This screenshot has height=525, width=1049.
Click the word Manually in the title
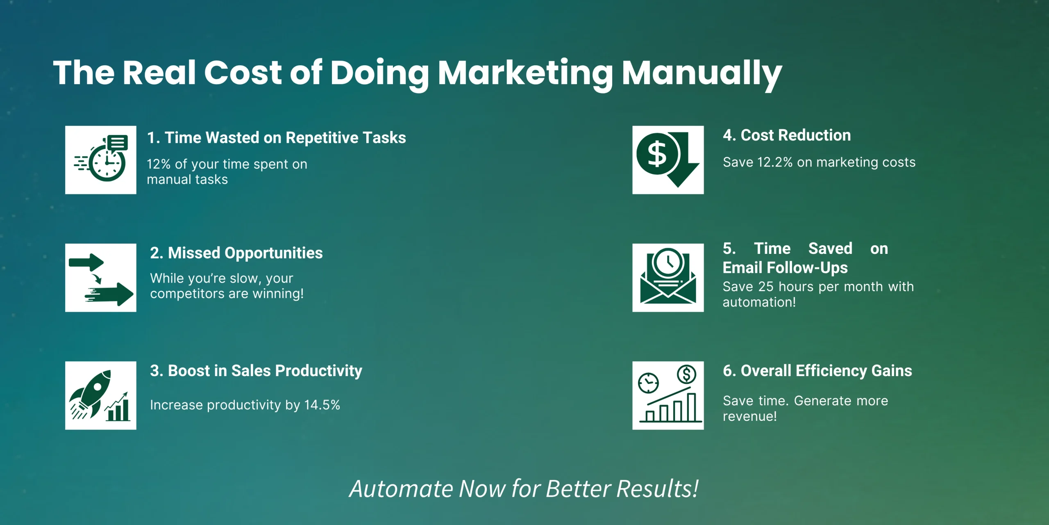click(702, 74)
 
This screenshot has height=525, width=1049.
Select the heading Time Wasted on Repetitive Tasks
click(285, 138)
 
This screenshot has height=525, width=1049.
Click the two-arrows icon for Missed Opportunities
click(101, 279)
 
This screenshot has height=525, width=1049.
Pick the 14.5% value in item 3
click(322, 405)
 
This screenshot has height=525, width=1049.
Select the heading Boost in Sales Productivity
click(265, 371)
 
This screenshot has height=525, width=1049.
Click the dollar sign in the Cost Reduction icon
click(657, 154)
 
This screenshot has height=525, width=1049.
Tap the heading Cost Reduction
click(796, 135)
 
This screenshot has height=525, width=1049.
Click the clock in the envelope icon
click(668, 262)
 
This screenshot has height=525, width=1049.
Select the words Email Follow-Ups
click(785, 268)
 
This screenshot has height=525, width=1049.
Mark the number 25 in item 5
click(766, 287)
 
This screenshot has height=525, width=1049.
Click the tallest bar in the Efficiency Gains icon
click(691, 407)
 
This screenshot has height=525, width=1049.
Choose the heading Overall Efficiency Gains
click(826, 371)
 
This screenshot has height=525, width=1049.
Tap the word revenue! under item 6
click(750, 417)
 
